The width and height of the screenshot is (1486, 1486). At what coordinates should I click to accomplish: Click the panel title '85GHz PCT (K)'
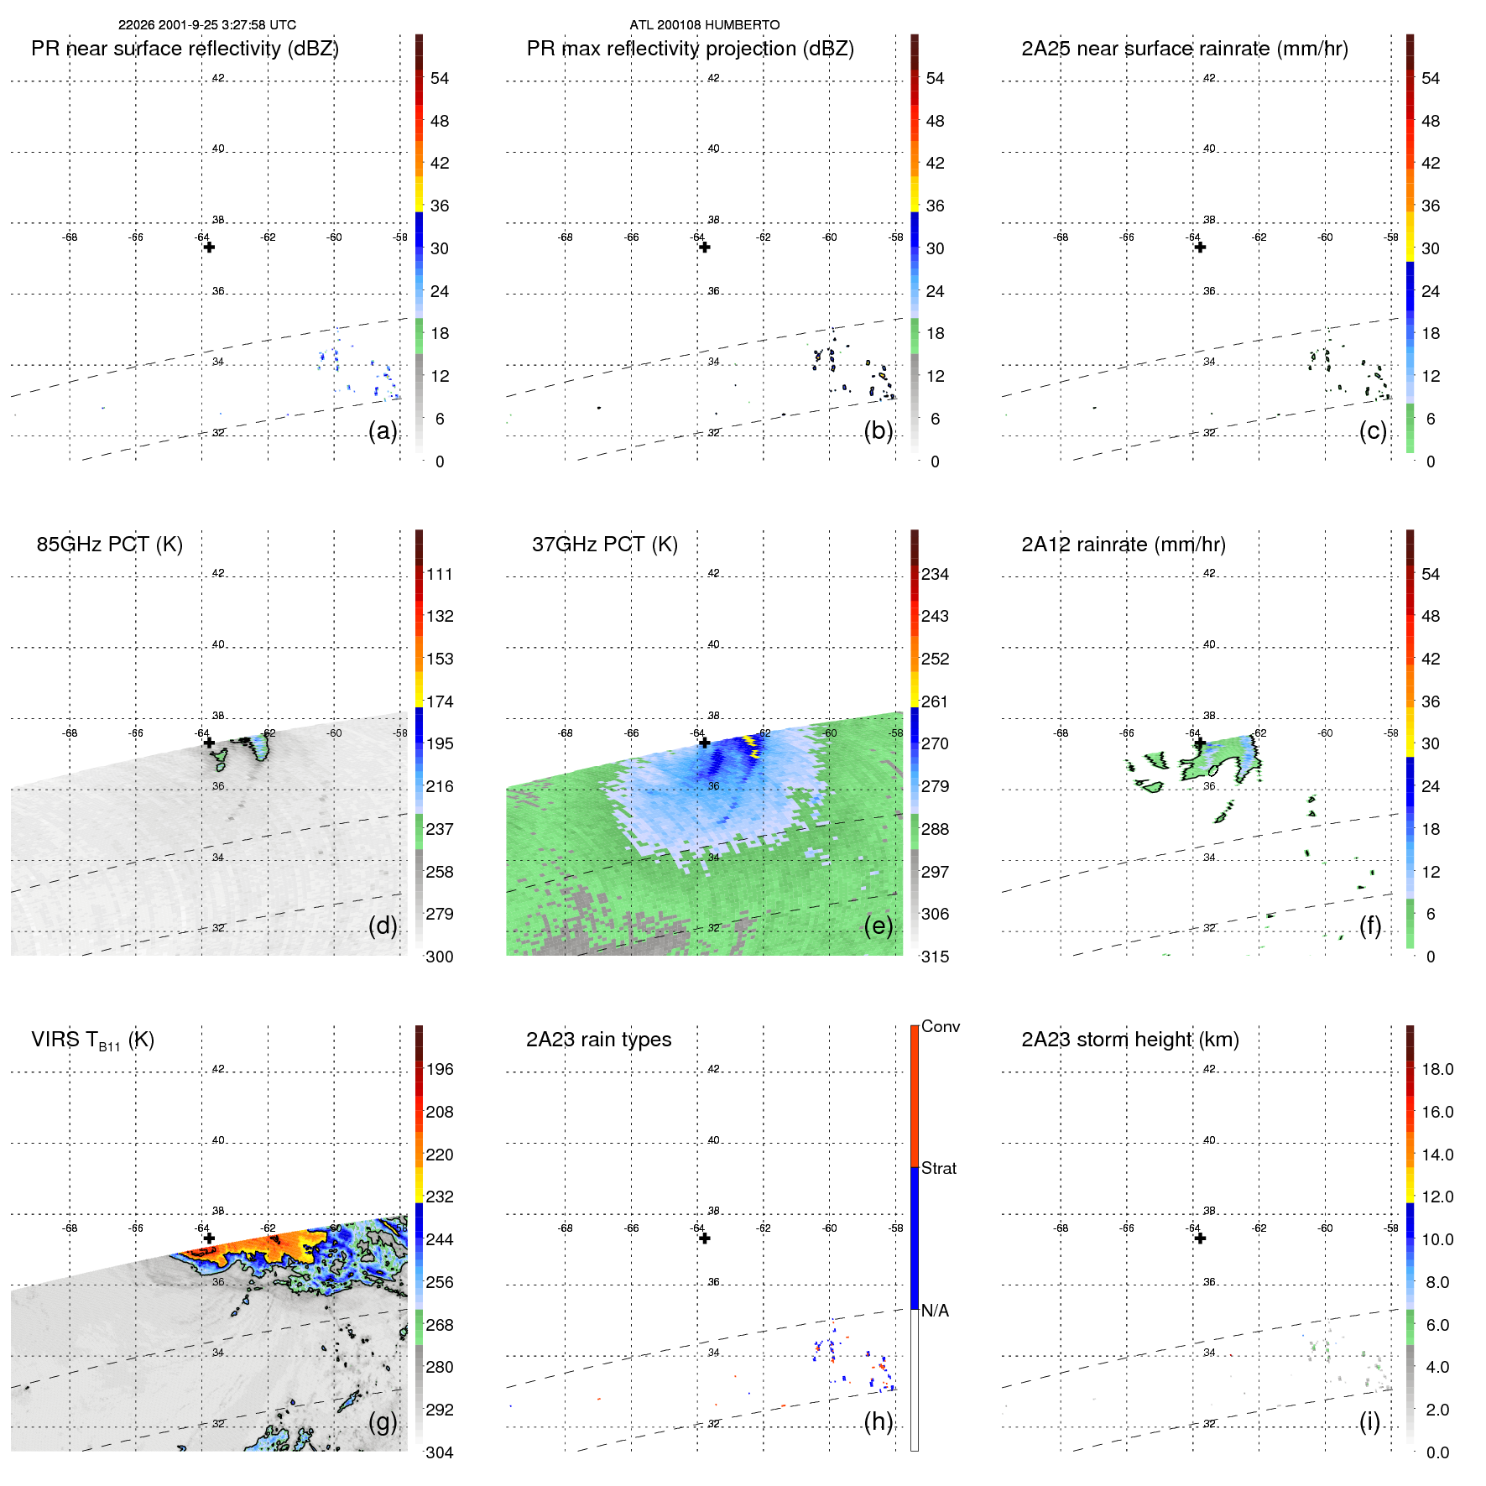point(109,545)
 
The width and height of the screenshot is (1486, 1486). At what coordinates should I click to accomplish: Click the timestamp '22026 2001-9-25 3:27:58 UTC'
point(206,25)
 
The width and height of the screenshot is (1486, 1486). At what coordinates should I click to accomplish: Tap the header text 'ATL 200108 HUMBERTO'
point(704,25)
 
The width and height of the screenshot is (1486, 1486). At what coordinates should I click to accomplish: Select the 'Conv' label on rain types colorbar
point(940,1026)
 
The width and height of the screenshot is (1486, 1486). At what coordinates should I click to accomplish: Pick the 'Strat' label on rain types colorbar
point(938,1168)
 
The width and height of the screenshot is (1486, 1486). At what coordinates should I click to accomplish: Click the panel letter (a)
point(383,430)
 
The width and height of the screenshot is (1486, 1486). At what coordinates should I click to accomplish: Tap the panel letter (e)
point(878,925)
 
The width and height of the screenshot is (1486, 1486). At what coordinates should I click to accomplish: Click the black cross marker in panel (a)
point(209,248)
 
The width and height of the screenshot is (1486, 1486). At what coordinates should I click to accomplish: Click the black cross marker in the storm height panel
point(1200,1238)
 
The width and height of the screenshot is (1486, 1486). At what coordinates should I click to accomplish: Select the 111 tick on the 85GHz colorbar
point(439,575)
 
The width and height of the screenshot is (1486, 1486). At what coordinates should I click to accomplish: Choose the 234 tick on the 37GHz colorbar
point(935,575)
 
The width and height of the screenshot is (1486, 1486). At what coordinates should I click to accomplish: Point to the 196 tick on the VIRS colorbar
point(439,1070)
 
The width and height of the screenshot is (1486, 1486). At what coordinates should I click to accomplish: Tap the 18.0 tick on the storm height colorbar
point(1436,1070)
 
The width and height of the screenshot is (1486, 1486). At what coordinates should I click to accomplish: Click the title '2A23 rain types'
point(598,1040)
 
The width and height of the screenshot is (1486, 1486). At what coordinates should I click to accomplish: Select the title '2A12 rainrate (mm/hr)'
point(1123,545)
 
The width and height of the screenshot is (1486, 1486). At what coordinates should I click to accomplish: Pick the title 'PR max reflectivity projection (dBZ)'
point(690,49)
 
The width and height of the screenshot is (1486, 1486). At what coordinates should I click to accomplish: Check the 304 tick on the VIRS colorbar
point(439,1452)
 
